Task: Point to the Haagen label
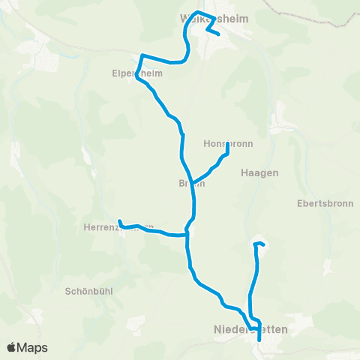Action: (259, 172)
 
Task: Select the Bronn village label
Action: (191, 184)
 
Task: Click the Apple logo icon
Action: (12, 347)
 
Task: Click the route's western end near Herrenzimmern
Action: (119, 220)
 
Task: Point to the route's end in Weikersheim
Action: (217, 34)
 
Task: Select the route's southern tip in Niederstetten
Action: (259, 340)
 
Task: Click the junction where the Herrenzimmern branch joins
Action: (186, 233)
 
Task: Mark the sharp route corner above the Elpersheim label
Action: (142, 55)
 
